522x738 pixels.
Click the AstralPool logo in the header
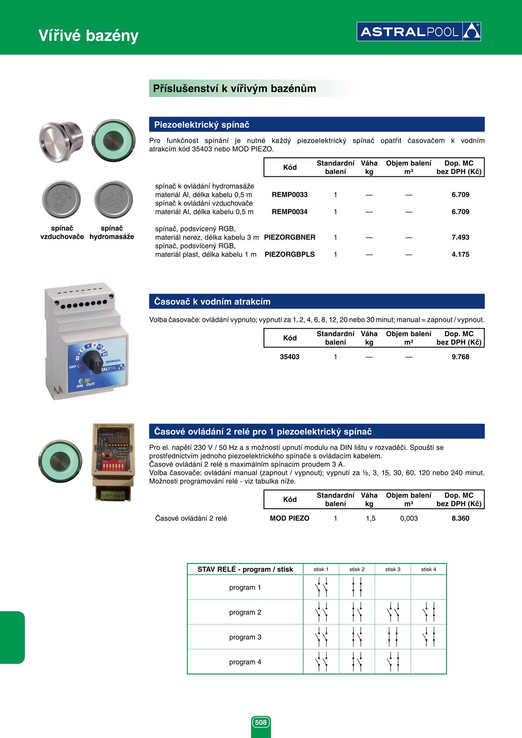pos(418,32)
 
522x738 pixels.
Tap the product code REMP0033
pos(290,195)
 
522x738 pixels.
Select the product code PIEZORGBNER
pos(290,237)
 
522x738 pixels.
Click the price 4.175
pos(460,255)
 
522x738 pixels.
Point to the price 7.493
pos(460,237)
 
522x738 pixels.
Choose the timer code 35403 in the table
pos(290,357)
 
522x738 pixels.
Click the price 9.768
pos(460,357)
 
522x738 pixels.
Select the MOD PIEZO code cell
pos(290,518)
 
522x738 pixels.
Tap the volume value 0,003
pos(409,518)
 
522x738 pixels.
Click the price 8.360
pos(460,518)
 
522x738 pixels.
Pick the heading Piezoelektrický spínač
pos(202,125)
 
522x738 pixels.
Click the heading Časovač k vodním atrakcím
pos(212,302)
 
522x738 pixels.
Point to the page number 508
pos(261,722)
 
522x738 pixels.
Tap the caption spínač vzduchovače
pos(62,232)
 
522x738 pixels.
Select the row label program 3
pos(245,637)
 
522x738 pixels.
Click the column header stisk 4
pos(429,569)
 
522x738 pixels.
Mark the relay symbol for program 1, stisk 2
pos(357,587)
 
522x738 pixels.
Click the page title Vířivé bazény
pos(88,36)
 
